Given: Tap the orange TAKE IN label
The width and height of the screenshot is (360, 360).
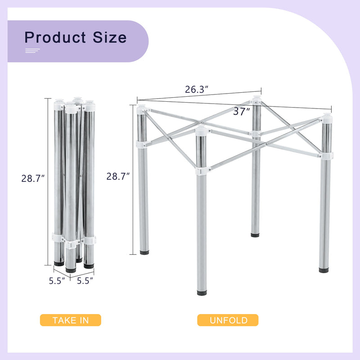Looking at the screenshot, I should tap(71, 320).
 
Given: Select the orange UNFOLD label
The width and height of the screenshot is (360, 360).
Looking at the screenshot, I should tap(228, 320).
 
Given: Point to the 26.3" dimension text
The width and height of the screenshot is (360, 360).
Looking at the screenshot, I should tap(196, 90).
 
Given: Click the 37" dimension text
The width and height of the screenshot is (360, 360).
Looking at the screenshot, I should tap(242, 112).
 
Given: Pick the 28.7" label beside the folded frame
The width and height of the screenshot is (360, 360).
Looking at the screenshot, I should tap(33, 178).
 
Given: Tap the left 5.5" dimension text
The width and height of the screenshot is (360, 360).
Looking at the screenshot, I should tap(57, 280).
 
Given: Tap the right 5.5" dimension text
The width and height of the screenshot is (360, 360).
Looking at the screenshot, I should tap(85, 280).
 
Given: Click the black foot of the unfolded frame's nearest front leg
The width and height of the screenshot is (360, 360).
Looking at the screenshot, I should tap(202, 293).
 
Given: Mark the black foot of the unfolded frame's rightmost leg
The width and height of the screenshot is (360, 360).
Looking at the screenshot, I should tap(324, 270).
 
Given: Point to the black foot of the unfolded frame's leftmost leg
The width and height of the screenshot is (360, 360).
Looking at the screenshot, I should tap(144, 253).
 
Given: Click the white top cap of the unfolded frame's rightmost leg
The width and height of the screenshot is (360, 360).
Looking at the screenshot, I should tap(327, 119).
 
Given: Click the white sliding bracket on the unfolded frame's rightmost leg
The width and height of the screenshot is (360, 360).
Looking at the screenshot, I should tap(326, 156).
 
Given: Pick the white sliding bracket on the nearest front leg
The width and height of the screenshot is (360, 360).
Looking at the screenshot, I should tap(202, 171).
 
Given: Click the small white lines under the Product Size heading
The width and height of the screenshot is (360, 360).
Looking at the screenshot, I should tap(32, 51).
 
